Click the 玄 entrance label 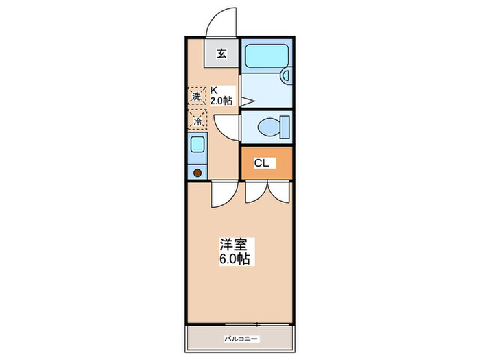(x=221, y=53)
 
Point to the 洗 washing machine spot (x=197, y=97)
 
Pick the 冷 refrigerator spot (x=197, y=121)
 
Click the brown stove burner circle (x=197, y=173)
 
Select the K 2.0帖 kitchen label (x=221, y=95)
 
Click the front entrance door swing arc (x=224, y=19)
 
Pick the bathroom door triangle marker (x=246, y=101)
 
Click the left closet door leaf (x=255, y=193)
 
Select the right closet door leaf (x=281, y=193)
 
